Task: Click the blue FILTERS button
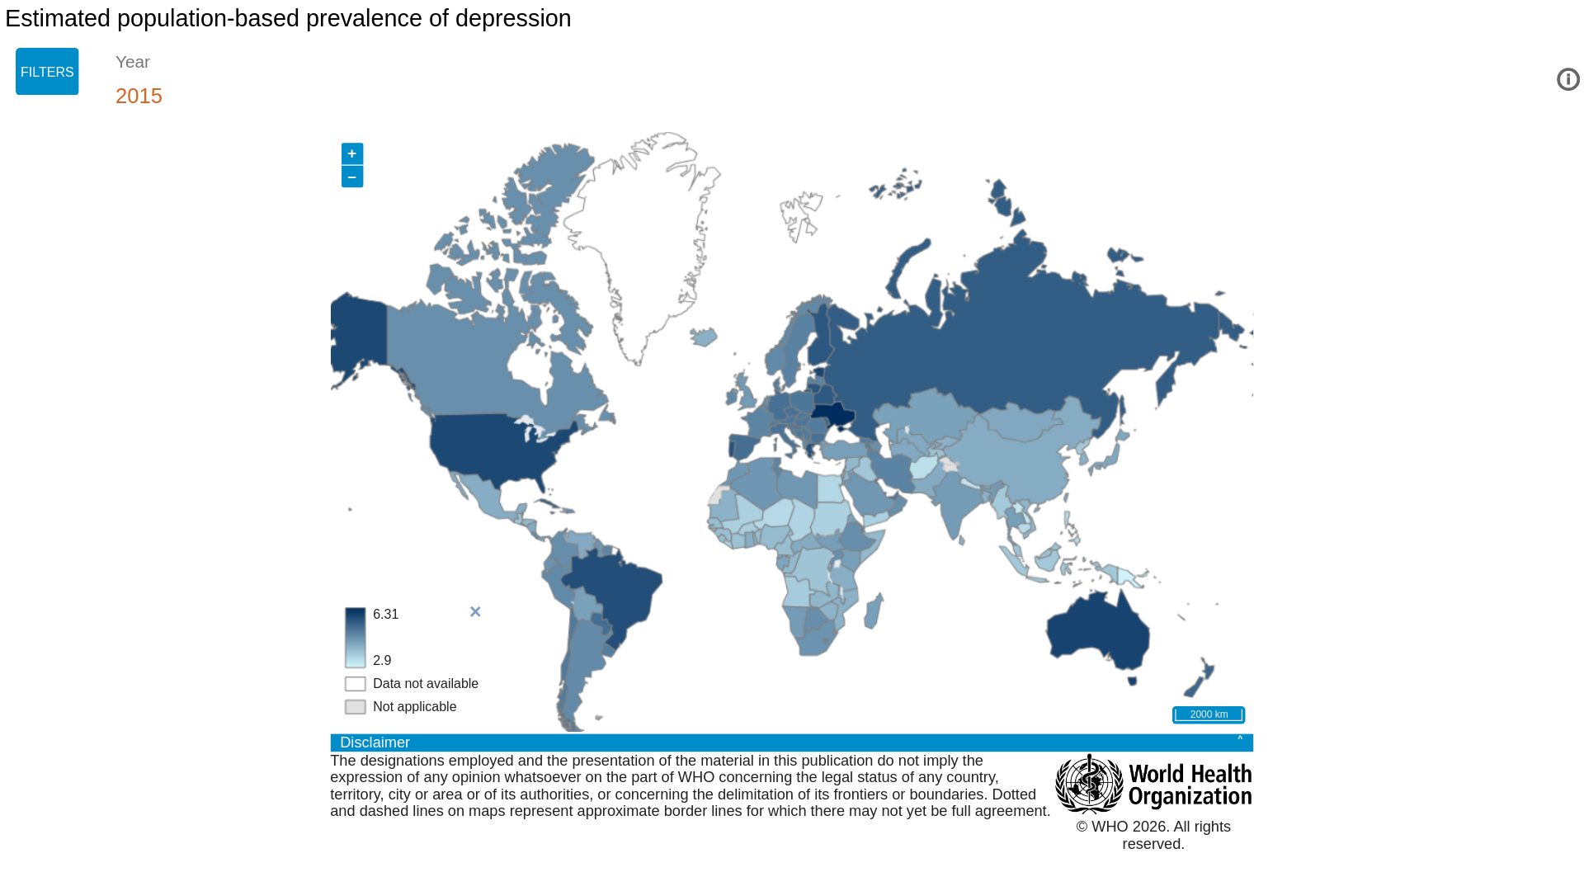point(47,72)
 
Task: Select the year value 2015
point(139,96)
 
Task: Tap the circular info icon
point(1567,79)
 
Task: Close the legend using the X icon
point(475,611)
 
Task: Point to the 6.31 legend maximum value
point(385,615)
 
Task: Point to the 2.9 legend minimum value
point(382,661)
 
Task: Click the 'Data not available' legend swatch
point(356,684)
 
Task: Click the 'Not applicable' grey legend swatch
point(356,707)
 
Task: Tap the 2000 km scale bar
point(1209,714)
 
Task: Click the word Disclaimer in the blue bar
point(375,742)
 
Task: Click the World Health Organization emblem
point(1089,784)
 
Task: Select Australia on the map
point(1097,631)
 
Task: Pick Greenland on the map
point(652,239)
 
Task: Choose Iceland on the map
point(704,337)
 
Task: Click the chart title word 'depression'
point(513,18)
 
